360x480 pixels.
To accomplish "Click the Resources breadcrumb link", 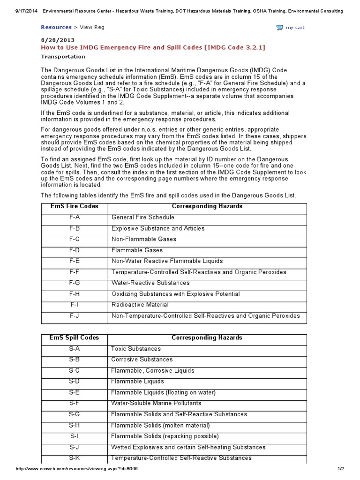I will coord(56,27).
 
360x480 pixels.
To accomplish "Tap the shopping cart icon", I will coord(280,28).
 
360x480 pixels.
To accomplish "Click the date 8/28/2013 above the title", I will coord(58,40).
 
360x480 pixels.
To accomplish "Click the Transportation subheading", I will coord(63,57).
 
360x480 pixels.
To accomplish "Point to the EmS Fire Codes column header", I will coord(74,206).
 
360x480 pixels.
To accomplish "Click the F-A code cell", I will coord(74,217).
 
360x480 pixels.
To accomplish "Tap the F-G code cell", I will coord(74,283).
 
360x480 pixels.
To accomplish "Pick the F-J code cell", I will coord(74,315).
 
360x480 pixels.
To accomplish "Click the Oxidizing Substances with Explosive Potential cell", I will coord(175,294).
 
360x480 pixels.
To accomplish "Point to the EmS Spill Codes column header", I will coord(74,337).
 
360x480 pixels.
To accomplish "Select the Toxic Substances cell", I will coord(136,349).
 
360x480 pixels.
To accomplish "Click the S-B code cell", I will coord(74,360).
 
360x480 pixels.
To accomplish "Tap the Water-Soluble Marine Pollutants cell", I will coord(156,403).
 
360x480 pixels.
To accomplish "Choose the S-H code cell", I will coord(74,425).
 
